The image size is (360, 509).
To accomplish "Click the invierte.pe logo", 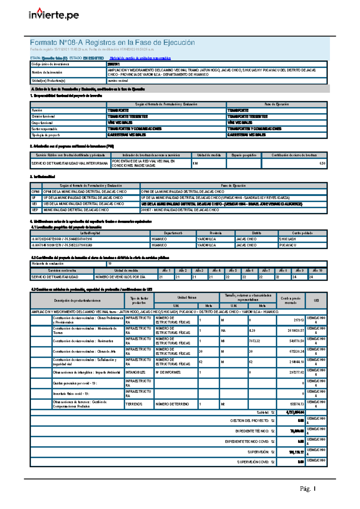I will tap(54, 14).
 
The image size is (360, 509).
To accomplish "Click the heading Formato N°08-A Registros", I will tap(112, 43).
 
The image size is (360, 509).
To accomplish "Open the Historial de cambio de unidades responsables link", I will tap(140, 58).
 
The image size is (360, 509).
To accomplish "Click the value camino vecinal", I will tap(118, 81).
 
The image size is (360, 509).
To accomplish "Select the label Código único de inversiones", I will tap(50, 64).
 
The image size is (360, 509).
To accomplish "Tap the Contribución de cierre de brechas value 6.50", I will tap(322, 164).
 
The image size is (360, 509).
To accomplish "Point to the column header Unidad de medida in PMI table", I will tap(209, 155).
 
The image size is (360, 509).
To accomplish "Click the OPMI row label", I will tap(35, 192).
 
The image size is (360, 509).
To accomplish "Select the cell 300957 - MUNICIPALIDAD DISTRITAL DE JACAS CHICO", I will tap(180, 210).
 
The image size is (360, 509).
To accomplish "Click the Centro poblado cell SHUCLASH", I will tap(287, 239).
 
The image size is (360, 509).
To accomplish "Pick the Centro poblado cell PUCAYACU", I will tap(288, 245).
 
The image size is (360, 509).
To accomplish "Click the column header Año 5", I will tap(233, 271).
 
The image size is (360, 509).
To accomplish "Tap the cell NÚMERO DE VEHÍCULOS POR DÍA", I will tap(120, 277).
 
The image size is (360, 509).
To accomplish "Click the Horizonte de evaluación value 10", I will tap(110, 264).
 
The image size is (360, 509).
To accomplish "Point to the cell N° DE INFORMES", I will tap(168, 373).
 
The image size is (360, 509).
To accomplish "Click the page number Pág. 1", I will tap(307, 489).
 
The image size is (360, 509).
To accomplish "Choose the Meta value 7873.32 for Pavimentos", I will tap(255, 341).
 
